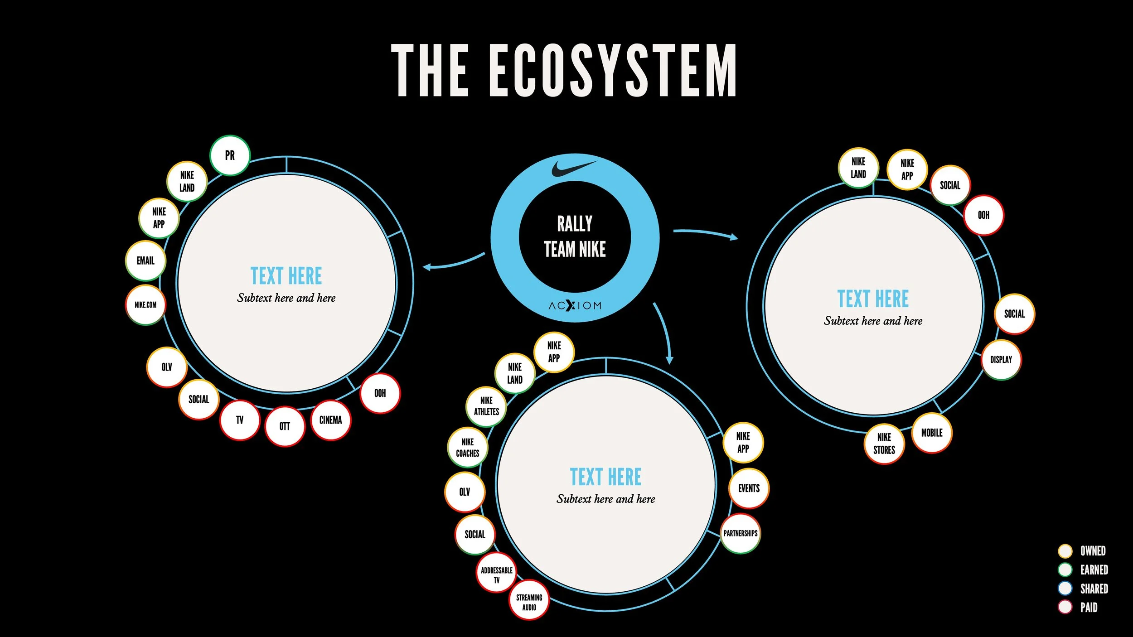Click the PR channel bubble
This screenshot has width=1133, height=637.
click(230, 155)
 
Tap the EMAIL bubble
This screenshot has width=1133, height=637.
click(145, 261)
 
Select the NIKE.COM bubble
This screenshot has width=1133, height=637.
click(145, 305)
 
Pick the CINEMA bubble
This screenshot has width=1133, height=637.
click(330, 420)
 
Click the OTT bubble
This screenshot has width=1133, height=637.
click(285, 426)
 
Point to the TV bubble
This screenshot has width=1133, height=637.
click(240, 420)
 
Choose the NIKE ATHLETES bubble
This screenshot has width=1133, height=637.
click(486, 406)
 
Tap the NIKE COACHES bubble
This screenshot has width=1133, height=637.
click(468, 448)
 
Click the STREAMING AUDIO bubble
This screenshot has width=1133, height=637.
click(529, 602)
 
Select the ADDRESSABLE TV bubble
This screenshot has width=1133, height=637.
click(497, 575)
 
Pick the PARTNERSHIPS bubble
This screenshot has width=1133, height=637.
click(741, 533)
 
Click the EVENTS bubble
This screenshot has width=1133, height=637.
click(749, 488)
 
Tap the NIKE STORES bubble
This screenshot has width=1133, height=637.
click(884, 444)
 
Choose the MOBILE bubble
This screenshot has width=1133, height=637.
click(932, 433)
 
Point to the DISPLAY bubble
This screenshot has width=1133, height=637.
click(1001, 360)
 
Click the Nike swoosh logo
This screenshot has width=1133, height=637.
click(574, 168)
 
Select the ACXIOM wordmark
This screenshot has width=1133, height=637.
click(575, 306)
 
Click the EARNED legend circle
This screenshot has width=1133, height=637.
click(1065, 569)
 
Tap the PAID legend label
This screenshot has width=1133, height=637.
click(1089, 607)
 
